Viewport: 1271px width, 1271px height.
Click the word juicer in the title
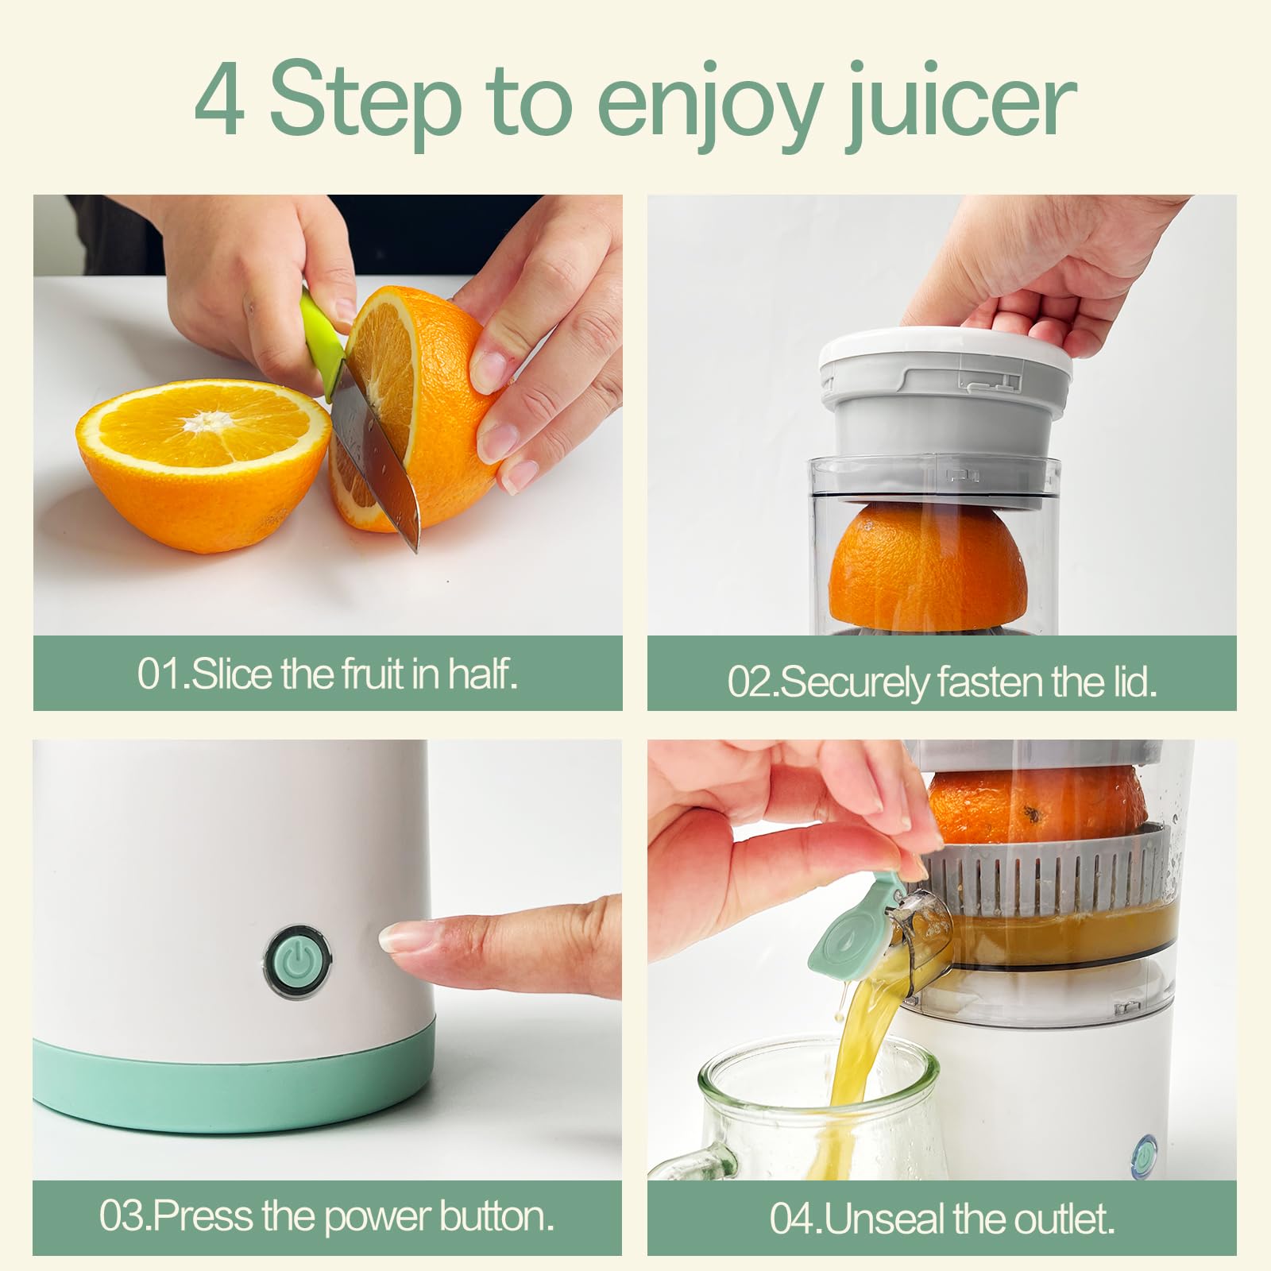click(x=960, y=103)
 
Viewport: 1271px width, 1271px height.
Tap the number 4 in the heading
click(x=218, y=102)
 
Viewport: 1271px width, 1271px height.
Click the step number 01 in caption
click(x=160, y=674)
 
